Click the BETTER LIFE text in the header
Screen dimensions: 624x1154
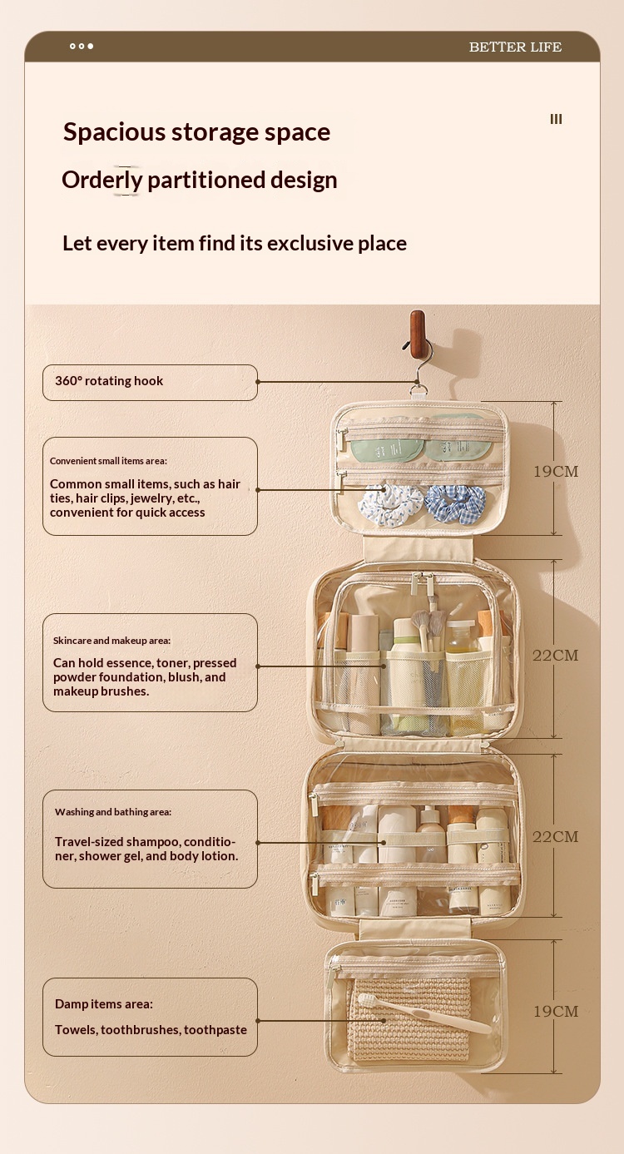(515, 47)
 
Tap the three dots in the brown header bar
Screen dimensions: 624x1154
(82, 47)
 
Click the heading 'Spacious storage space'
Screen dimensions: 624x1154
(196, 132)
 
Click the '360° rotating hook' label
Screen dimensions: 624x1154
(109, 381)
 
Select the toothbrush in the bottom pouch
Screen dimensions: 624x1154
(423, 1013)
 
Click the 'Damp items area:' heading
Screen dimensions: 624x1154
(103, 1004)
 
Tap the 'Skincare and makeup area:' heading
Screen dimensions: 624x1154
(111, 641)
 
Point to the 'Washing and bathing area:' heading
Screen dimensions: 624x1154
(113, 812)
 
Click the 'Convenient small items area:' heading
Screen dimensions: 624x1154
(108, 461)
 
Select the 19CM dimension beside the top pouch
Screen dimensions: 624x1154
(556, 472)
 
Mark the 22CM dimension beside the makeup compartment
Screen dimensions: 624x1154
(556, 656)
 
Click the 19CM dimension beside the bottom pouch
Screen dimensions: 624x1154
(556, 1011)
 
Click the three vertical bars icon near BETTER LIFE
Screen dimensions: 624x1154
(556, 119)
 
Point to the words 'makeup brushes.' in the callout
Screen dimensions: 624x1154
(101, 691)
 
